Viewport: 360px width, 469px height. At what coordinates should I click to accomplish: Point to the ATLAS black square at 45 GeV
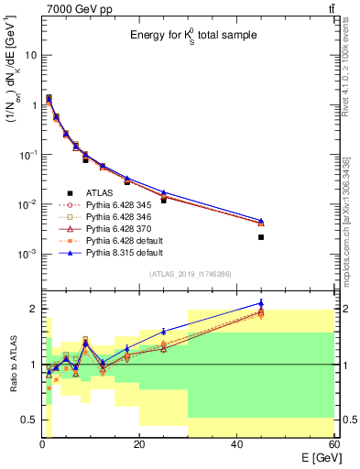click(x=261, y=237)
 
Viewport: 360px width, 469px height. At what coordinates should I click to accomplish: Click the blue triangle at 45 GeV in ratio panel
click(x=261, y=303)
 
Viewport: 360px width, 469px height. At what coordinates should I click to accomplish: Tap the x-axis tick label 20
click(x=139, y=444)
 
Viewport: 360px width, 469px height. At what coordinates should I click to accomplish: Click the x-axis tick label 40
click(x=237, y=444)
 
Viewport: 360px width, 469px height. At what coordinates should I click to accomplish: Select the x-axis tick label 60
click(x=334, y=444)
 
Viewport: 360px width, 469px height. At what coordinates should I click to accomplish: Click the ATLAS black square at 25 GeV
click(x=164, y=200)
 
